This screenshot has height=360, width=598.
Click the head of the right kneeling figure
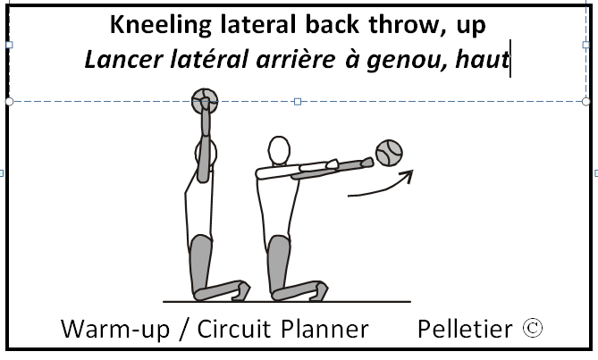[280, 149]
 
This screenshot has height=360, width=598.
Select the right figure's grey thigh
[279, 259]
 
